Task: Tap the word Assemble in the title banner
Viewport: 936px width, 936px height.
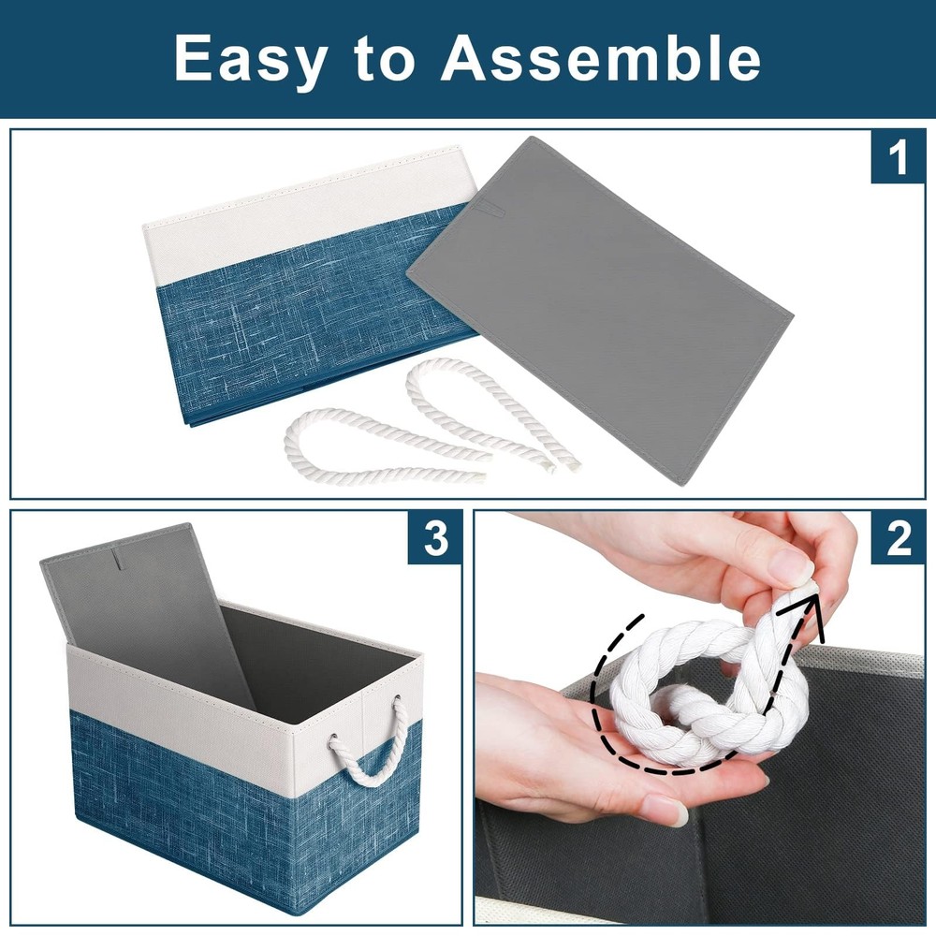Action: (x=601, y=59)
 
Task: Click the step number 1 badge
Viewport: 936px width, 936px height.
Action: (x=898, y=157)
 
